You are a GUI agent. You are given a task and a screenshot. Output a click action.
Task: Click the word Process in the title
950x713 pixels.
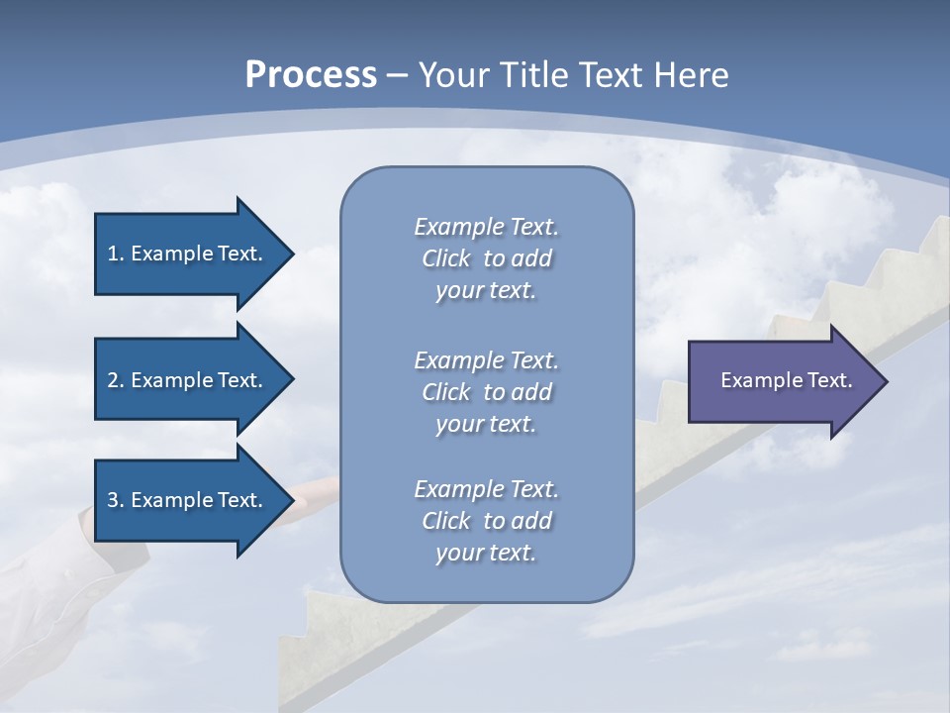pos(311,75)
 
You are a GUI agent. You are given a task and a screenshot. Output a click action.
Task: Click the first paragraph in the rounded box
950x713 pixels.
pos(486,258)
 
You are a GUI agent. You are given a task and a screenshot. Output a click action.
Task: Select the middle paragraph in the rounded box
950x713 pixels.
pos(486,392)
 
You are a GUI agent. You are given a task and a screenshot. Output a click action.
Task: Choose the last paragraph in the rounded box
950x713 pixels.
pos(486,521)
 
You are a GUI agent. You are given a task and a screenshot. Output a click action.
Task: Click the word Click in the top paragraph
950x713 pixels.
pos(446,258)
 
